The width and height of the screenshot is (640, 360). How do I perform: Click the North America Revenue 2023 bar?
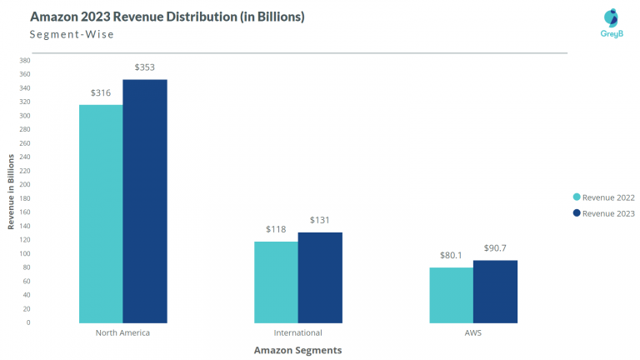click(x=145, y=201)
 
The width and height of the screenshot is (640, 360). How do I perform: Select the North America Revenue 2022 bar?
click(x=101, y=213)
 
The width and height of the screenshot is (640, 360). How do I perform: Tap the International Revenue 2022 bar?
click(x=276, y=282)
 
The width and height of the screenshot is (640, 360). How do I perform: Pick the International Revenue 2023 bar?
click(x=320, y=277)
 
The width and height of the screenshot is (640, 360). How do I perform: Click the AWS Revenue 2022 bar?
click(x=451, y=295)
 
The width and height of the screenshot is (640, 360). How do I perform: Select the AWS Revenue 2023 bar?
click(x=495, y=291)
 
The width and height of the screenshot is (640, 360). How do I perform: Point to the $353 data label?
click(x=145, y=67)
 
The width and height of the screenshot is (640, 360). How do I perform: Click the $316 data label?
click(x=101, y=92)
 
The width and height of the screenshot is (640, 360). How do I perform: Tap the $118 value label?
click(x=276, y=228)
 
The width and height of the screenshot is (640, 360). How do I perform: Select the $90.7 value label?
click(x=496, y=248)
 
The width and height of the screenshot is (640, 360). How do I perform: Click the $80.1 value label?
click(x=452, y=256)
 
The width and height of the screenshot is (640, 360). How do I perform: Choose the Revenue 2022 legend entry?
click(x=602, y=197)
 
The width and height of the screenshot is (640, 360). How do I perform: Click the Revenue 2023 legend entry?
click(x=602, y=213)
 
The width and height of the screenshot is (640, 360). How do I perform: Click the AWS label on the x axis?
click(x=473, y=333)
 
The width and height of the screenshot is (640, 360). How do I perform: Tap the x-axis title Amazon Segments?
click(x=297, y=351)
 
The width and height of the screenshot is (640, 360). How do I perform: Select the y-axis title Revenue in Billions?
click(x=11, y=192)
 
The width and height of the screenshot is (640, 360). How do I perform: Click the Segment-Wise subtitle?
click(x=72, y=35)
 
